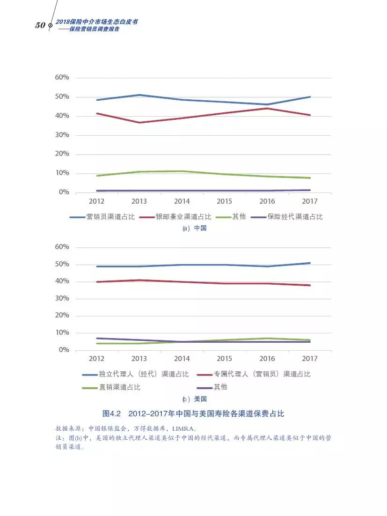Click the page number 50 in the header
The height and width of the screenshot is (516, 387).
point(40,25)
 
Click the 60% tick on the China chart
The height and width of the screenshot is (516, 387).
point(62,77)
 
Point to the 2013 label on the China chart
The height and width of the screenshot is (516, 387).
point(139,201)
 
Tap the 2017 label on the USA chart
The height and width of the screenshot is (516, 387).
point(310,359)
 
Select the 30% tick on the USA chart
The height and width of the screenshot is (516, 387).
point(62,298)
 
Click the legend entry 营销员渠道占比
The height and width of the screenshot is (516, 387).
point(110,217)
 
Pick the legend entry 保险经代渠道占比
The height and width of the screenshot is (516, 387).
point(295,217)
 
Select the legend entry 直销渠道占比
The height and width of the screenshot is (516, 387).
point(119,387)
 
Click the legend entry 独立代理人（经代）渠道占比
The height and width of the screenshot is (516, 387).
point(144,374)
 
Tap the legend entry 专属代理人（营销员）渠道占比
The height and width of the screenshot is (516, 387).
point(262,374)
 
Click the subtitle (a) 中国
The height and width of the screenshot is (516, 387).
point(194,229)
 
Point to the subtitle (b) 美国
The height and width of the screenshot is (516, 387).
point(194,399)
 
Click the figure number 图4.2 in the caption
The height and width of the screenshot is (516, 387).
point(112,414)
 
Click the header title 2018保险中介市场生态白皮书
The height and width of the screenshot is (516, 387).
point(96,22)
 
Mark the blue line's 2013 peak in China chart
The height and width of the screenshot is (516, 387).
point(139,95)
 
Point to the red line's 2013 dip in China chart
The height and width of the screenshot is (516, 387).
point(139,123)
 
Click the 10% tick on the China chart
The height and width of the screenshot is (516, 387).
point(62,173)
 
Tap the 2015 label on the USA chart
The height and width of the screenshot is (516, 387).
point(224,359)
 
